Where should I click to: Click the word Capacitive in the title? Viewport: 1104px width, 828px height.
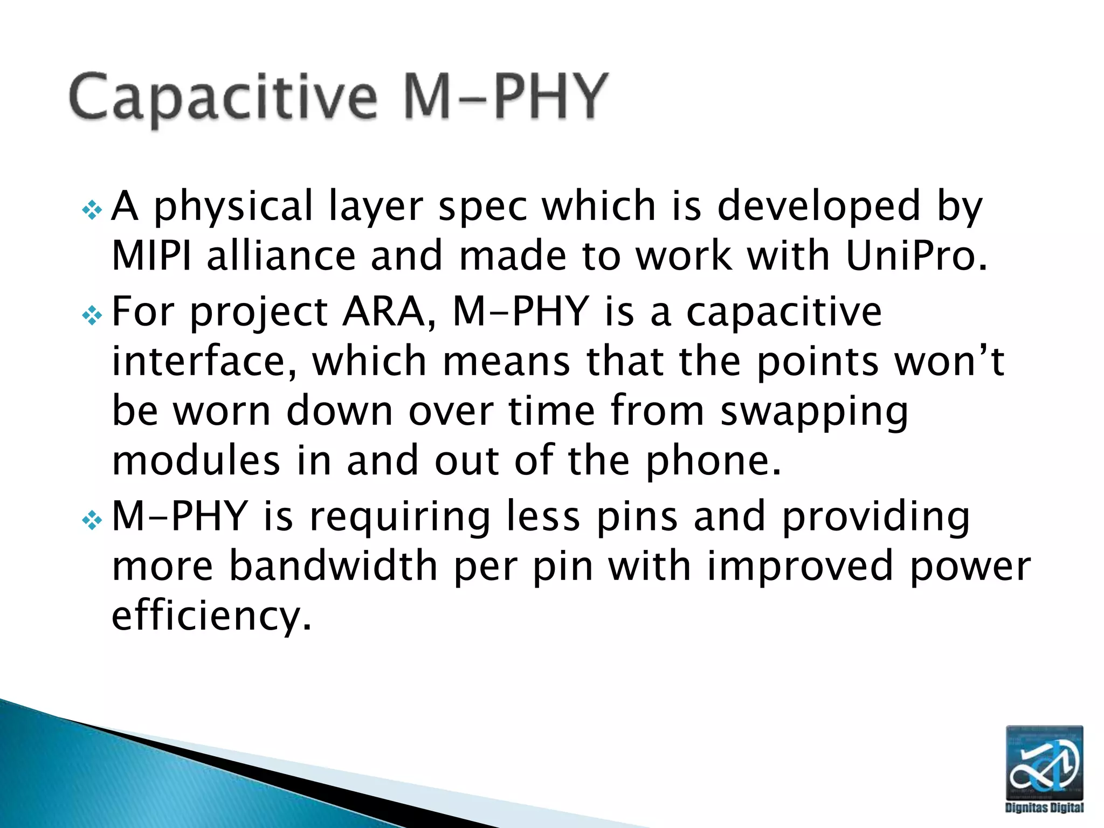(223, 98)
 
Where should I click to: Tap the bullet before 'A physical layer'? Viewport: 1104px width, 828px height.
(92, 210)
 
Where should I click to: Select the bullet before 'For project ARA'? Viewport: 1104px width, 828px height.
(92, 315)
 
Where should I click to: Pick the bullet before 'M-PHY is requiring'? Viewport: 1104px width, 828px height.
(92, 520)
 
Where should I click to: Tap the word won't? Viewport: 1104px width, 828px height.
(949, 361)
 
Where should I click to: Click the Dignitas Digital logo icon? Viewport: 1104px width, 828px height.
(1044, 762)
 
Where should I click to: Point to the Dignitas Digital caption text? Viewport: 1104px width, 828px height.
(1044, 807)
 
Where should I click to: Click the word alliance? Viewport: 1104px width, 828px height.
(281, 256)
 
